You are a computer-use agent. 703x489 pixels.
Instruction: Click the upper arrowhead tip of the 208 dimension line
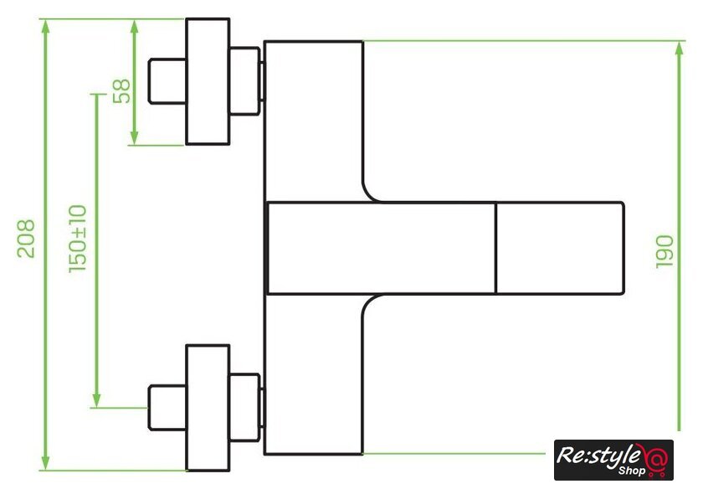coord(45,20)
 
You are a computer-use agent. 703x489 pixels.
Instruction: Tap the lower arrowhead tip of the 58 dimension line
coord(134,145)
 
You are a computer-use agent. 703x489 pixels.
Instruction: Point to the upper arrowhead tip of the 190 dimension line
coord(680,42)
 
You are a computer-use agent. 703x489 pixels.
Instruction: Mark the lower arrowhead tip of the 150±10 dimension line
coord(96,407)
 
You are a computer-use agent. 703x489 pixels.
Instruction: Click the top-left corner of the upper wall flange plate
coord(187,19)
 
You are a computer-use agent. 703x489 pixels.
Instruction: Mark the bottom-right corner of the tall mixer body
coord(362,454)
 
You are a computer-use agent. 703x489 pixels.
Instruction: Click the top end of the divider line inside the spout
coord(495,203)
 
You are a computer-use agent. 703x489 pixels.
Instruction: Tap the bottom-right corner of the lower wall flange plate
coord(229,471)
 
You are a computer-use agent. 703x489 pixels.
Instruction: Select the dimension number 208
coord(26,238)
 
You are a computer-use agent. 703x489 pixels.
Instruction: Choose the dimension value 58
coord(121,91)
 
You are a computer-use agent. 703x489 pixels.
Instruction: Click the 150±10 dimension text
coord(78,239)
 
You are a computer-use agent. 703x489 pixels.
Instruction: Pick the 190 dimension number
coord(665,251)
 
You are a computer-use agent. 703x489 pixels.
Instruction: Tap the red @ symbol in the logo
coord(656,459)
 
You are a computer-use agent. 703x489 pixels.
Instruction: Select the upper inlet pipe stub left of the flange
coord(167,81)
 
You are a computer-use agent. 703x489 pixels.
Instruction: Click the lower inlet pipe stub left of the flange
coord(167,408)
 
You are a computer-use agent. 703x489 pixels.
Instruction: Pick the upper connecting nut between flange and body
coord(244,81)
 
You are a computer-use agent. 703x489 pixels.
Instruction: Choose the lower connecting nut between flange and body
coord(244,408)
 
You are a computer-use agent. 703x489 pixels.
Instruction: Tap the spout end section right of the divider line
coord(560,249)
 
